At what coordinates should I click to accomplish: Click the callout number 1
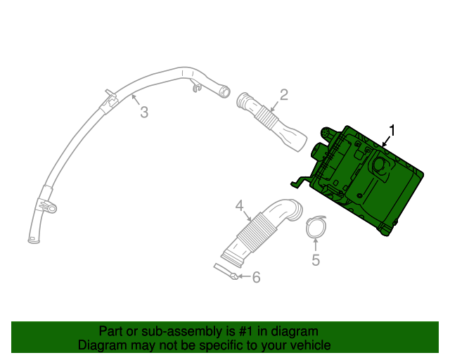pyautogui.click(x=392, y=130)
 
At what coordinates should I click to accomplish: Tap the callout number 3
pyautogui.click(x=143, y=112)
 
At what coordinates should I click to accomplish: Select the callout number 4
pyautogui.click(x=239, y=205)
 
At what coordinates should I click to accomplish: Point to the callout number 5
pyautogui.click(x=316, y=260)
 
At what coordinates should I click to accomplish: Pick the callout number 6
pyautogui.click(x=256, y=278)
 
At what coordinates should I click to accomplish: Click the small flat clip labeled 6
pyautogui.click(x=226, y=271)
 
